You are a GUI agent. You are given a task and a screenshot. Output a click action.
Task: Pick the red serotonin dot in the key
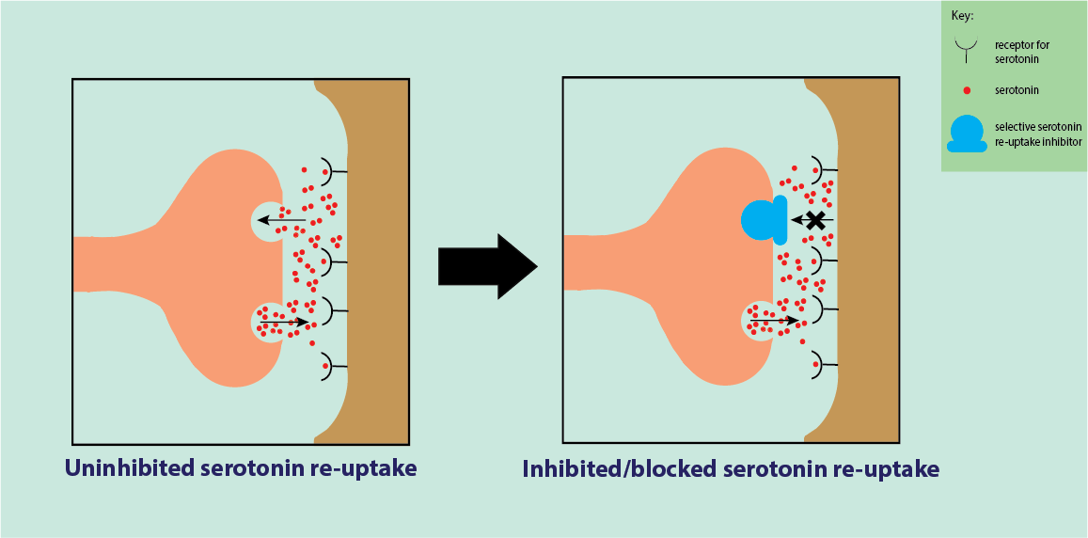coord(968,90)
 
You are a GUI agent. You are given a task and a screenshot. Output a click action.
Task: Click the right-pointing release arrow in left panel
coord(284,322)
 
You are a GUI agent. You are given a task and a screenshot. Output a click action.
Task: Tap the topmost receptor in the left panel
coord(327,170)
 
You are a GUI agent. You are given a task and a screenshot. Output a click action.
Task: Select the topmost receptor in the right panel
coord(818,170)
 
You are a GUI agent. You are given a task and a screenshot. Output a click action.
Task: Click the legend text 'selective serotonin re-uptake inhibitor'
coord(1037,134)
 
